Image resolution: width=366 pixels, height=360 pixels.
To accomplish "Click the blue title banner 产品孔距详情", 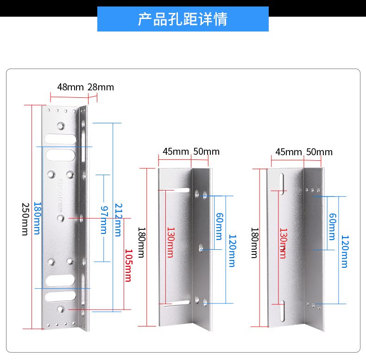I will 183,19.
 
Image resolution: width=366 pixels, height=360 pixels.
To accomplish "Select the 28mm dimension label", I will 101,87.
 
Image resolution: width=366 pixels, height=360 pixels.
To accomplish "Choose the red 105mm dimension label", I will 127,265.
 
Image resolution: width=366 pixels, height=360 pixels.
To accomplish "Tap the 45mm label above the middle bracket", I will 176,152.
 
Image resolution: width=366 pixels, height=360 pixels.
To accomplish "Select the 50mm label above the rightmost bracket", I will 319,152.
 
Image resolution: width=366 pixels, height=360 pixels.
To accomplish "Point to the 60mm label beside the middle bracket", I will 219,226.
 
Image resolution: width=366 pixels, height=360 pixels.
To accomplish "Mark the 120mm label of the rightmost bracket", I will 344,252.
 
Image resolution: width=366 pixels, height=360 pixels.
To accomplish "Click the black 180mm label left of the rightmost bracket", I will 254,242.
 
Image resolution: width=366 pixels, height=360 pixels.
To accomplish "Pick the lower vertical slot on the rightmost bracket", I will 282,311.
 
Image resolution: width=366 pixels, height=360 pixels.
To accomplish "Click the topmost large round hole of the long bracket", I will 61,126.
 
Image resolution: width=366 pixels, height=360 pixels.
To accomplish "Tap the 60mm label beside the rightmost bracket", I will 331,226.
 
